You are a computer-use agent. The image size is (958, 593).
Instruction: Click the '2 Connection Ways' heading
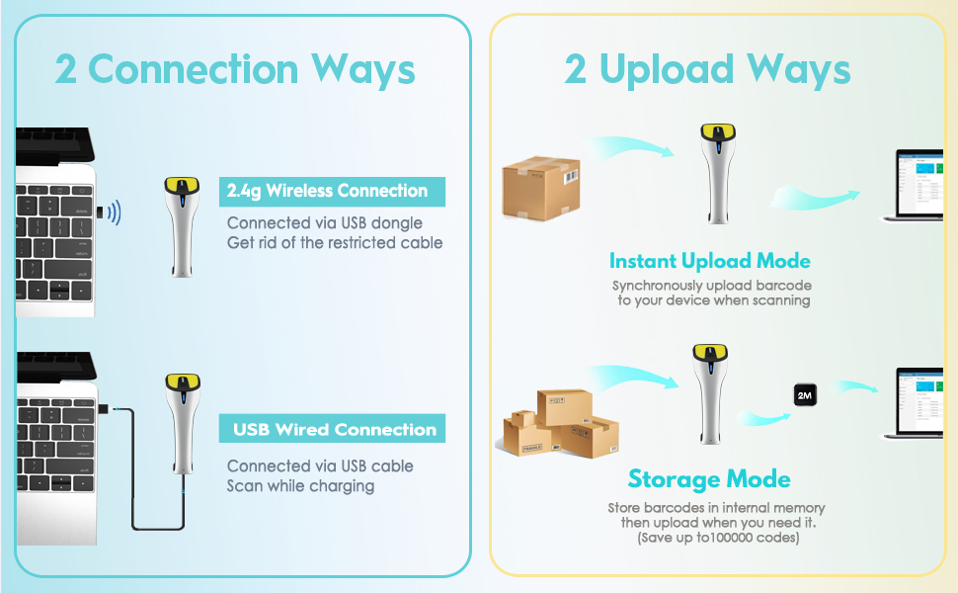(235, 69)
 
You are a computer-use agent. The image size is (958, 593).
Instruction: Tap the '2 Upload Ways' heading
(707, 69)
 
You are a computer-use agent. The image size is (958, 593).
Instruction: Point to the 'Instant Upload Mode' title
(709, 261)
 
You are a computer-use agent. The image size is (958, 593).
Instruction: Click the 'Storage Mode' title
(709, 479)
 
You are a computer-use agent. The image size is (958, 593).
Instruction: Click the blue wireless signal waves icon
(115, 212)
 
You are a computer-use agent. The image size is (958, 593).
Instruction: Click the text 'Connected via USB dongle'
(325, 222)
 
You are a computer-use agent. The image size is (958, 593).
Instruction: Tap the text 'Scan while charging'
(300, 485)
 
